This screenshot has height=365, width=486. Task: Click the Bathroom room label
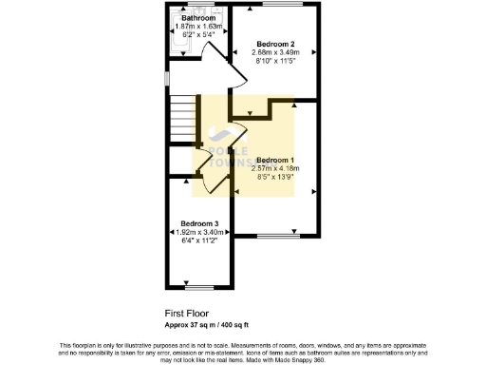point(198,18)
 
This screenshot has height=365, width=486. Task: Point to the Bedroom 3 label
point(200,223)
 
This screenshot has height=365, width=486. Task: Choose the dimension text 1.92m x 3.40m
point(200,232)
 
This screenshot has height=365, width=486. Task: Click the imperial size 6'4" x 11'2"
point(200,240)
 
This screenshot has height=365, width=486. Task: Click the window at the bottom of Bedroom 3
point(200,284)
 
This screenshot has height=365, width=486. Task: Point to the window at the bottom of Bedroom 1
point(275,235)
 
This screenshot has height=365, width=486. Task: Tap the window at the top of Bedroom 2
point(276,5)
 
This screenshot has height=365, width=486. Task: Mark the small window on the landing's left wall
point(165,76)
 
